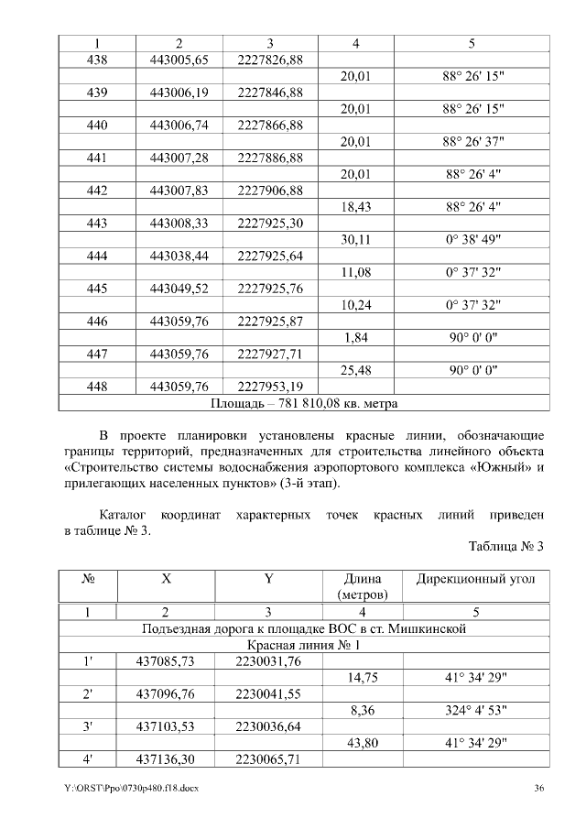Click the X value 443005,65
point(179,60)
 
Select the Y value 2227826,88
point(270,60)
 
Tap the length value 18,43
point(354,208)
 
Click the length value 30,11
point(354,241)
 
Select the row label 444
point(96,257)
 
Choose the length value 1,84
point(354,339)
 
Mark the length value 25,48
point(354,371)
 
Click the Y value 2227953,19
point(270,387)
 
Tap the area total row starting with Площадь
point(304,402)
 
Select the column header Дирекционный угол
point(476,580)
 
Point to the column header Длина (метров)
point(362,587)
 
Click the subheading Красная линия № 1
point(304,645)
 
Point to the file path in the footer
point(130,790)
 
